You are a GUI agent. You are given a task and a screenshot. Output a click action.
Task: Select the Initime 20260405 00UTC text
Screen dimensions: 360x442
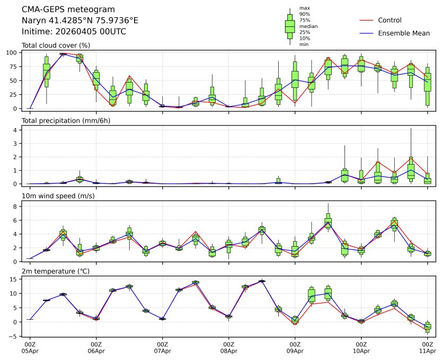74,32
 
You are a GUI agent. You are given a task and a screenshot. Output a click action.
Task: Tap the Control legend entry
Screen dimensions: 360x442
390,20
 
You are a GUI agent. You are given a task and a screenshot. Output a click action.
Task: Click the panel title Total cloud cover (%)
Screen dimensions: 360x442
56,46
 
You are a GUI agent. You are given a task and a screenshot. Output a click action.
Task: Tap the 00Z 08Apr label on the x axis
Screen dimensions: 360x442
228,348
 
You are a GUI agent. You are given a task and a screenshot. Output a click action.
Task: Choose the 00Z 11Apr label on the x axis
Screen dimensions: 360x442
428,348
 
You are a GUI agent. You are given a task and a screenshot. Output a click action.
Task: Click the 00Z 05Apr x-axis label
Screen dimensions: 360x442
30,348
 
